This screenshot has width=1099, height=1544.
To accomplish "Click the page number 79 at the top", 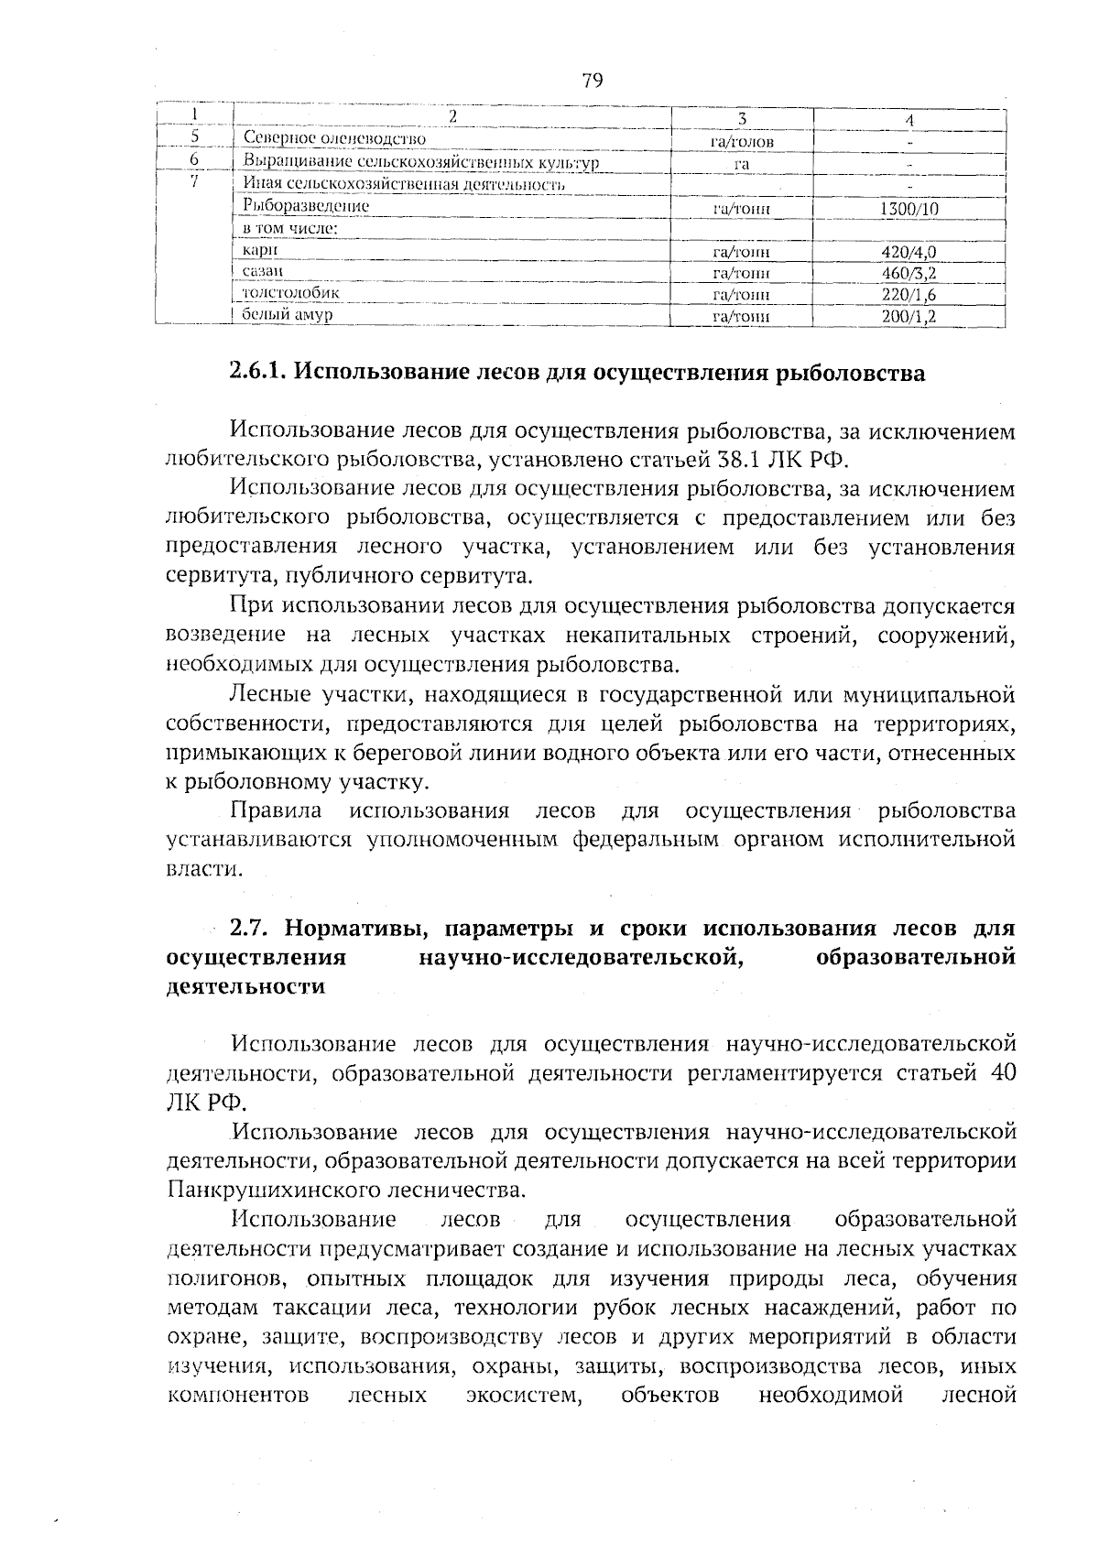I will (x=592, y=81).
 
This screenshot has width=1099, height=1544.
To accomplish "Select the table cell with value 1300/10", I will (x=909, y=210).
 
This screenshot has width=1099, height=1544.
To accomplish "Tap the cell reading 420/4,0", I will (x=909, y=253).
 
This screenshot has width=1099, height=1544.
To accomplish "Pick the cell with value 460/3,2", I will (x=909, y=274).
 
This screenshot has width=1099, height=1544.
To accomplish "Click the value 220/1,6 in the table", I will (x=909, y=296).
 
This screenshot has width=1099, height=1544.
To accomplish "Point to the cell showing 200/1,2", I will (x=909, y=318).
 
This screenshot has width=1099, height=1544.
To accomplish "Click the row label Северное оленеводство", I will (x=335, y=139).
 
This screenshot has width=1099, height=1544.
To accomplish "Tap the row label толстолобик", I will (x=290, y=293).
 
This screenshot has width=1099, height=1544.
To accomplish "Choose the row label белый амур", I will (x=287, y=315).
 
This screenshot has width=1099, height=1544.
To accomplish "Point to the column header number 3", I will (x=742, y=119).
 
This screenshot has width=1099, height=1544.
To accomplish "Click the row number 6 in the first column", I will (x=194, y=159).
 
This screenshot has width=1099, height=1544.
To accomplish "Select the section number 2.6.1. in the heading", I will (x=258, y=374).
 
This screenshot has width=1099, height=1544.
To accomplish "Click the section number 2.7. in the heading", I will (x=248, y=928).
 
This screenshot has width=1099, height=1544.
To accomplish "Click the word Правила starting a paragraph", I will (x=276, y=811).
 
